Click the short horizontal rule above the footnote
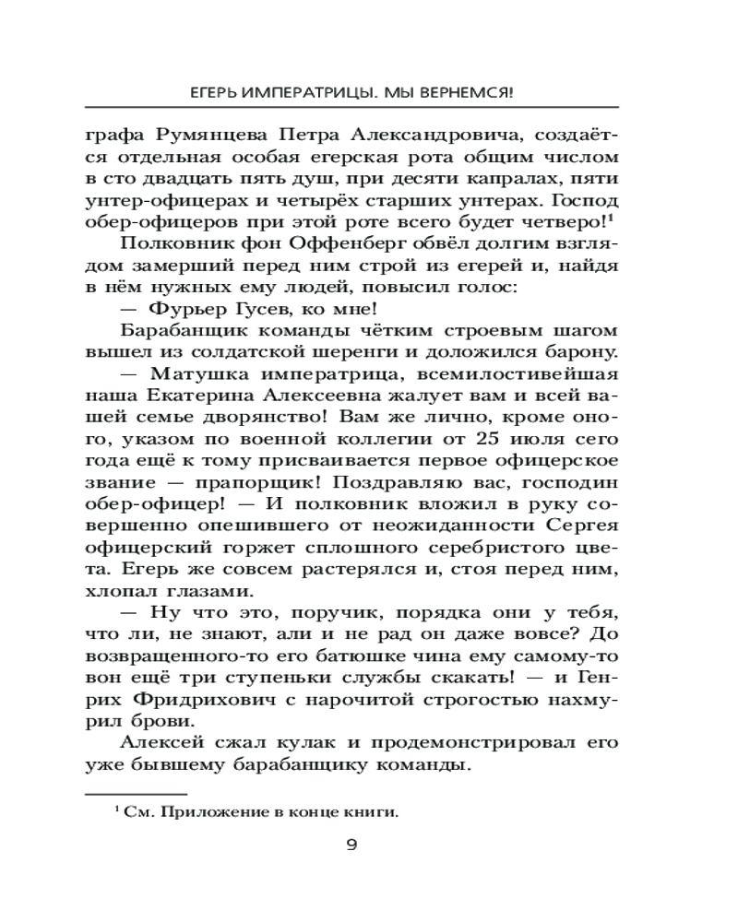coord(136,792)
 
